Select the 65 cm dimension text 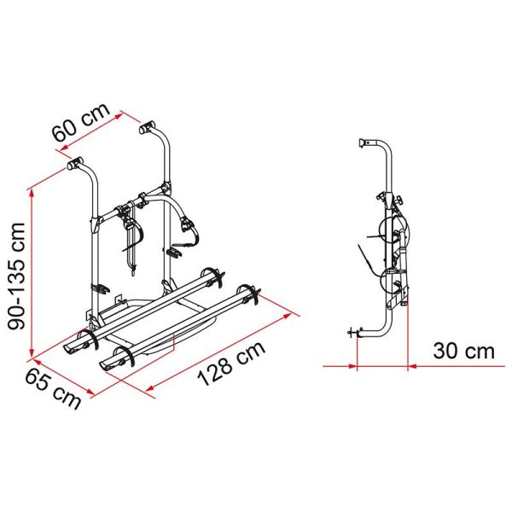pyautogui.click(x=55, y=384)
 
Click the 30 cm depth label pyautogui.click(x=463, y=351)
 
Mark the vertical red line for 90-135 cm pyautogui.click(x=32, y=273)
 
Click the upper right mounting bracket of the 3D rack pyautogui.click(x=148, y=130)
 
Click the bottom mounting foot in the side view pyautogui.click(x=352, y=334)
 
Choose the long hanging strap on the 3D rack pyautogui.click(x=132, y=247)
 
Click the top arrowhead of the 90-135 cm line pyautogui.click(x=32, y=189)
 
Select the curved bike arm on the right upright pyautogui.click(x=181, y=213)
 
